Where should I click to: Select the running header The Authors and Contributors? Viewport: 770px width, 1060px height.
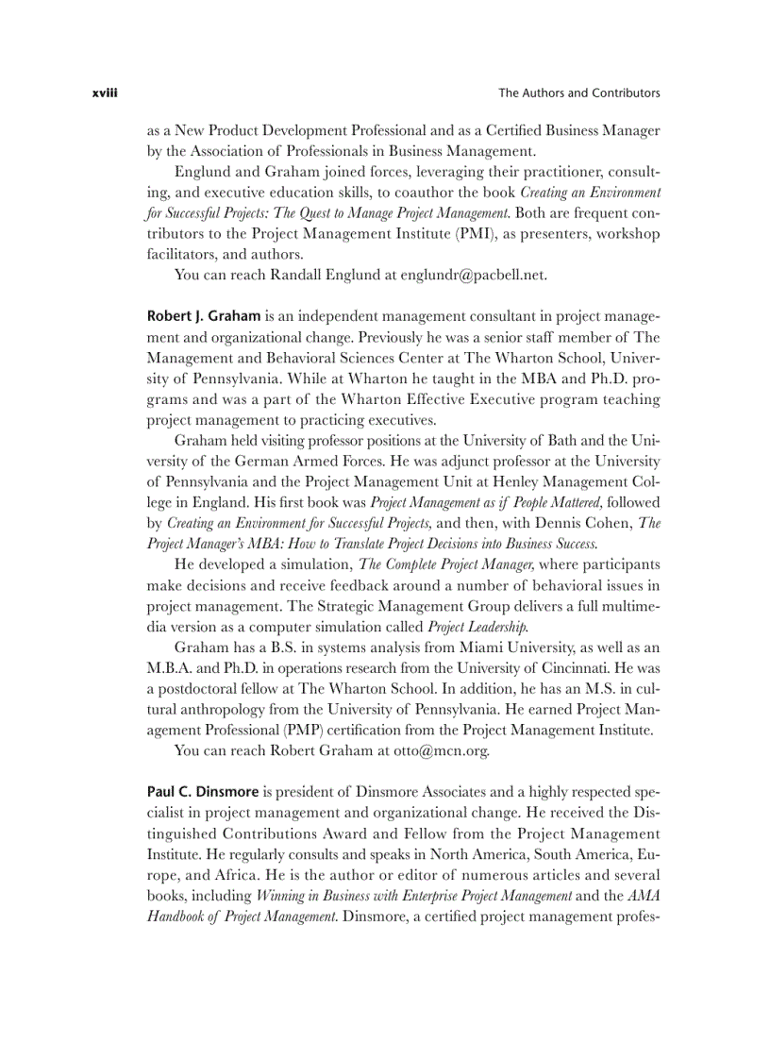click(578, 93)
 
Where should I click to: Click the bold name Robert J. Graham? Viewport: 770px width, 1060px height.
click(204, 314)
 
